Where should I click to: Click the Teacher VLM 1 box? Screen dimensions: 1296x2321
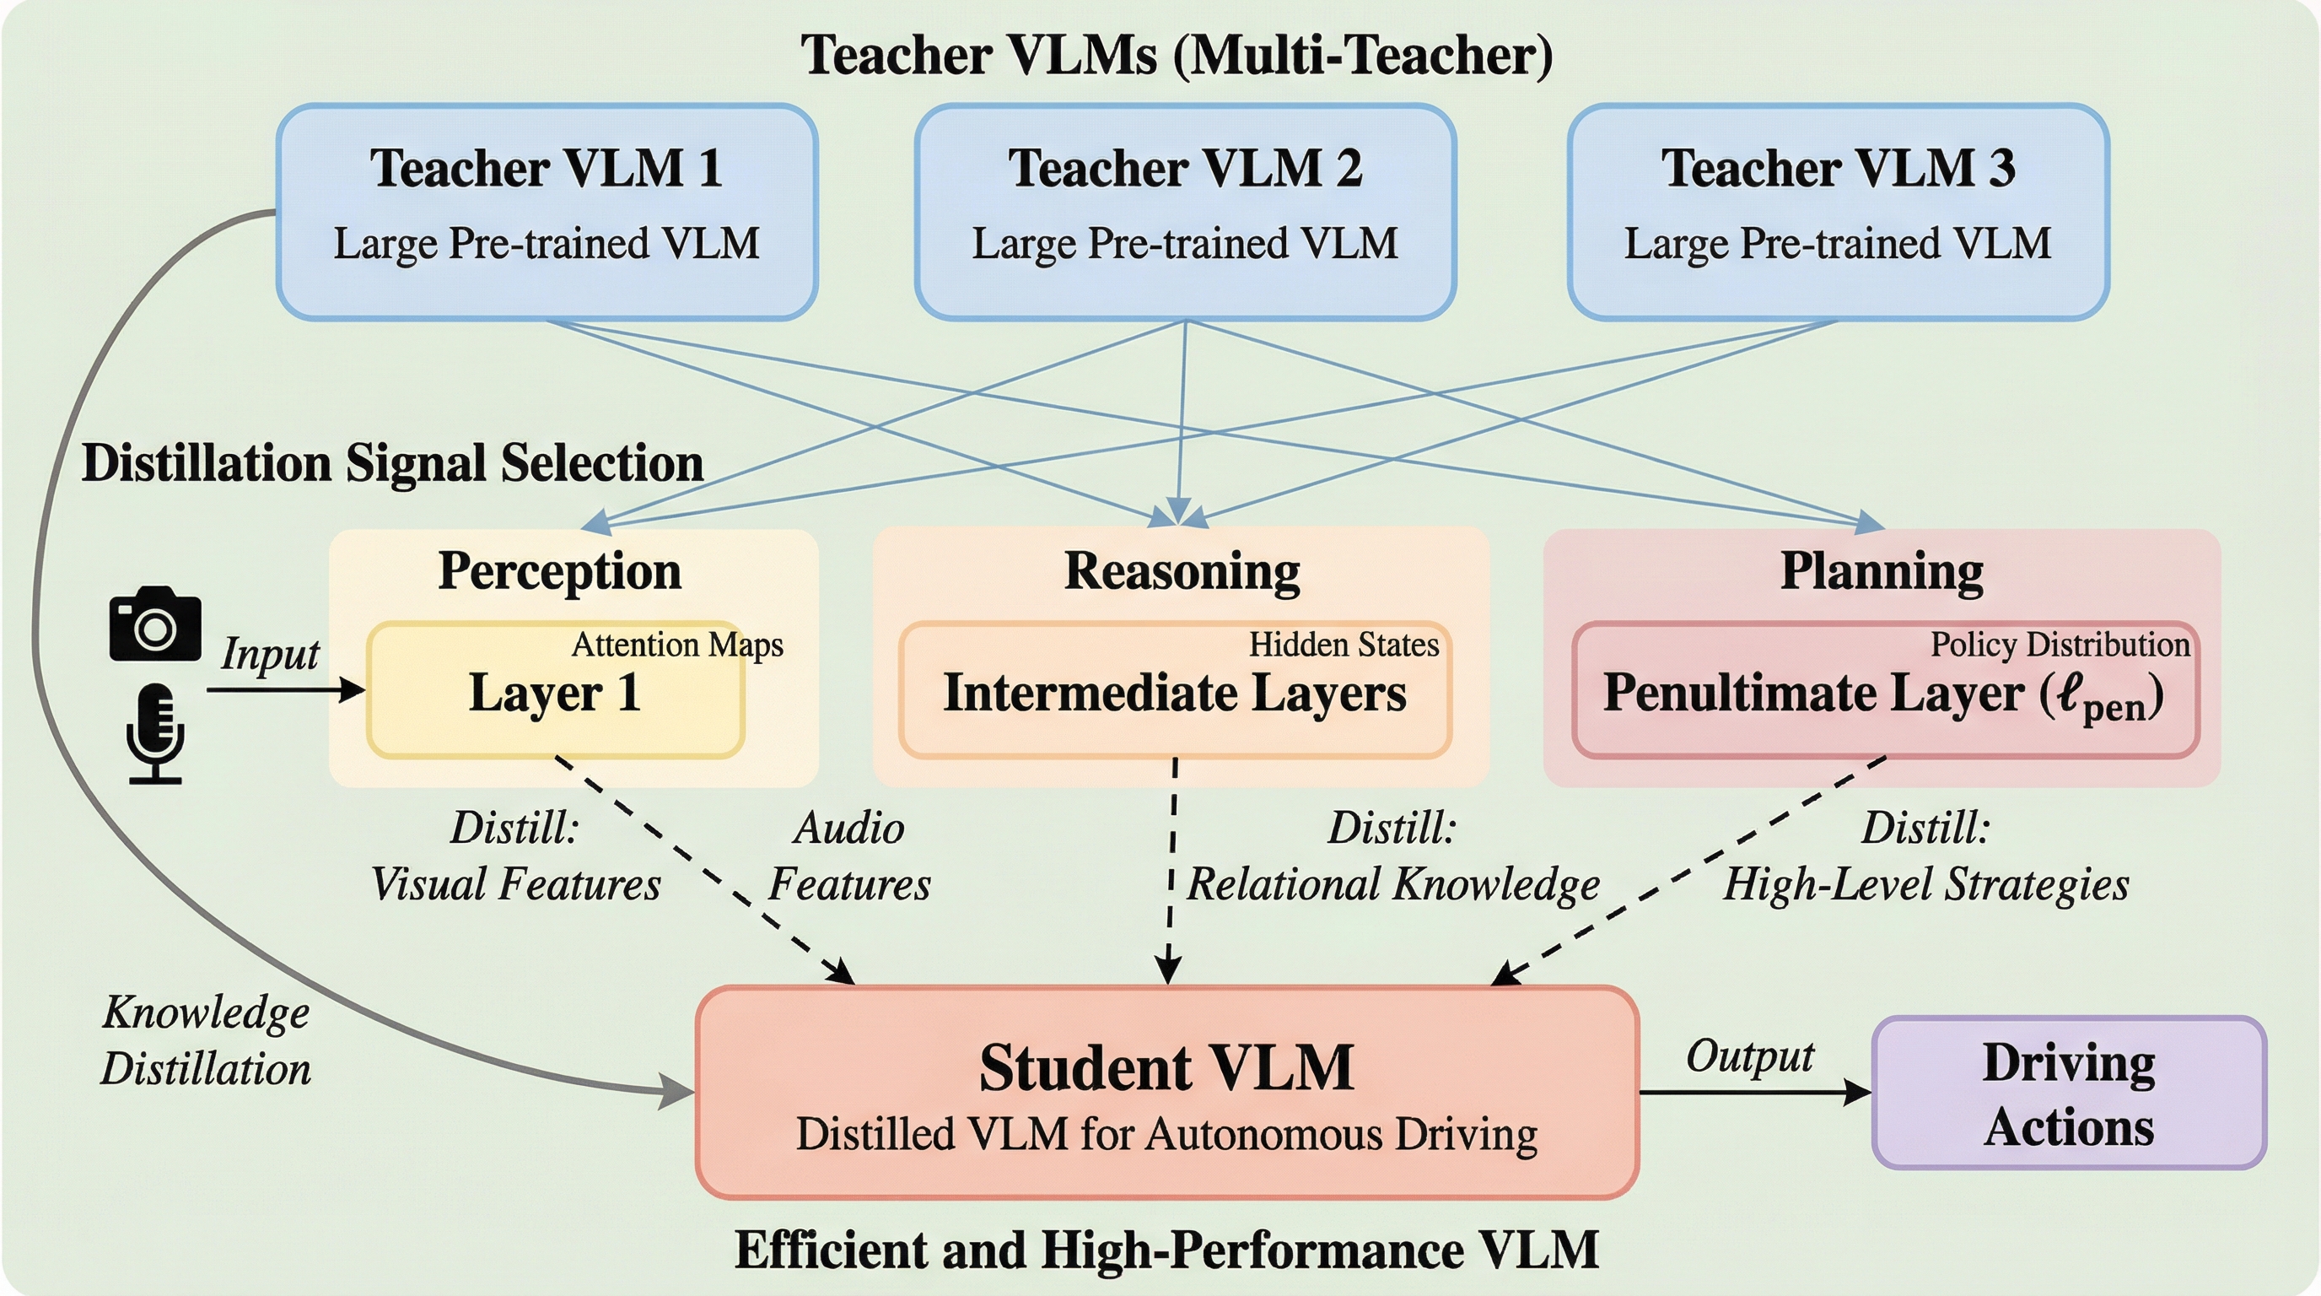pos(547,212)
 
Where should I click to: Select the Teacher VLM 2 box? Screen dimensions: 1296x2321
pos(1185,212)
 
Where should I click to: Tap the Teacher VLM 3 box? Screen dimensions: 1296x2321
pos(1837,212)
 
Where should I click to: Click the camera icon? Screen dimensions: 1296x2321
pos(155,624)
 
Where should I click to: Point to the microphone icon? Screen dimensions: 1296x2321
pos(155,732)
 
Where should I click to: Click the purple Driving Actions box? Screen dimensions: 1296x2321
pos(2069,1093)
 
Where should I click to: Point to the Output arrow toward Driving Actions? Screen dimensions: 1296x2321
pos(1753,1093)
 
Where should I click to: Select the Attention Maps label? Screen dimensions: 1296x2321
pos(676,645)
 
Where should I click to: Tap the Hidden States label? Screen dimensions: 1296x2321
pos(1344,645)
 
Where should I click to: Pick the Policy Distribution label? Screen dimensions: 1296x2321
pos(2060,645)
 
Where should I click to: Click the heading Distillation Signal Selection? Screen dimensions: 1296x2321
pos(392,463)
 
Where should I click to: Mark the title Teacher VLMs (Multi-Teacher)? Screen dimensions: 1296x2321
pos(1177,54)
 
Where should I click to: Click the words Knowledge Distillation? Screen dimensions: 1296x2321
pos(207,1041)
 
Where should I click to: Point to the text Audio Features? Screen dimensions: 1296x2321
pos(848,856)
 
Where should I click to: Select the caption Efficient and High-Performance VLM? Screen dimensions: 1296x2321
pos(1166,1250)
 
